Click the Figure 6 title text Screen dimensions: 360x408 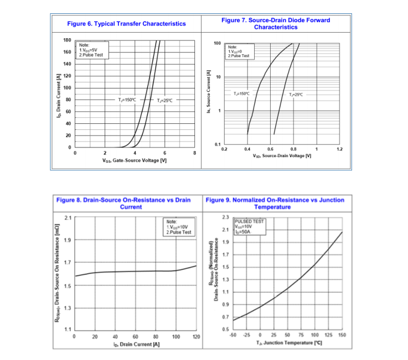click(126, 24)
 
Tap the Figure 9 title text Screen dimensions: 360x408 click(275, 203)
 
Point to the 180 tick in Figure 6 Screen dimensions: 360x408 click(67, 40)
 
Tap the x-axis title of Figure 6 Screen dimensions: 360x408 click(135, 160)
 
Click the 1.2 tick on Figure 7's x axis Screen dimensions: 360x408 click(339, 149)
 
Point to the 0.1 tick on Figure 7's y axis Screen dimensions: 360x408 click(218, 144)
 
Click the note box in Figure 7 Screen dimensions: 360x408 click(239, 51)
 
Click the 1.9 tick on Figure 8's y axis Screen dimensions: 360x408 click(68, 240)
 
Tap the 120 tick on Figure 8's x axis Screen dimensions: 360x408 click(196, 336)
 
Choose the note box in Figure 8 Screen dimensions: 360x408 click(179, 227)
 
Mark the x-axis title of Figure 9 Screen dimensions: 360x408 click(290, 343)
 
